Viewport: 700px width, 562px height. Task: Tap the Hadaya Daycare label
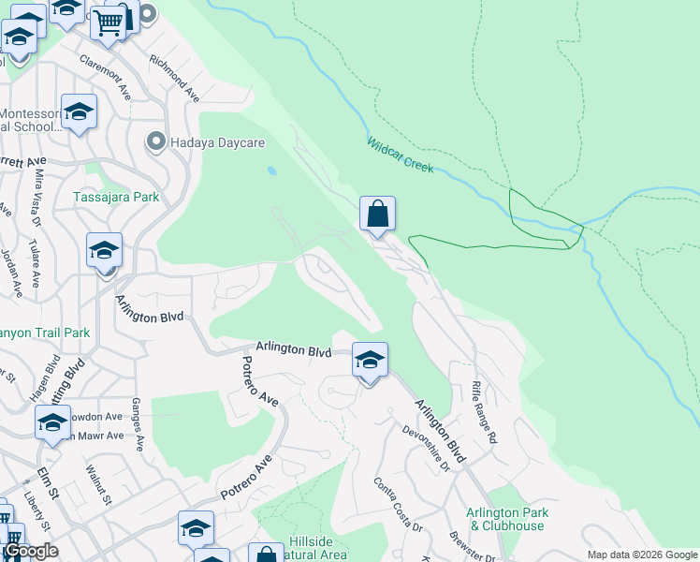pyautogui.click(x=218, y=142)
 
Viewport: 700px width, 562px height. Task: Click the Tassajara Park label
pyautogui.click(x=116, y=197)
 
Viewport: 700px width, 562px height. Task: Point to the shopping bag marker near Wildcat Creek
pyautogui.click(x=377, y=214)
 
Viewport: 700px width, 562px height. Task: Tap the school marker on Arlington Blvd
pyautogui.click(x=370, y=360)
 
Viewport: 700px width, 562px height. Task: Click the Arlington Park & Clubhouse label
pyautogui.click(x=506, y=519)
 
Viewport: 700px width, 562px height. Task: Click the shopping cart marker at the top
pyautogui.click(x=109, y=21)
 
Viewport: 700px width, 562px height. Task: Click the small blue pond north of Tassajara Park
pyautogui.click(x=271, y=171)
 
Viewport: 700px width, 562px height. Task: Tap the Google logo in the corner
pyautogui.click(x=31, y=551)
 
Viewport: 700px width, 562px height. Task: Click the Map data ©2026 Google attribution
pyautogui.click(x=641, y=555)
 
